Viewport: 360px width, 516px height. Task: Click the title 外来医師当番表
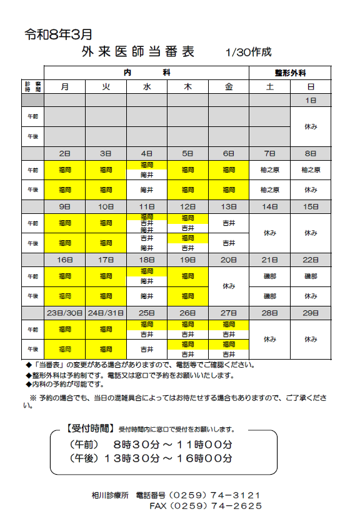point(137,51)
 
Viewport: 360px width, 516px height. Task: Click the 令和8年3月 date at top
point(58,34)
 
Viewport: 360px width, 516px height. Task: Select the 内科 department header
point(147,73)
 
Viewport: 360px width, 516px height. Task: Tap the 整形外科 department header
point(290,73)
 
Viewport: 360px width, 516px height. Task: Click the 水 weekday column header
point(147,87)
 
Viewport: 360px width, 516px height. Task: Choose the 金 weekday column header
point(229,87)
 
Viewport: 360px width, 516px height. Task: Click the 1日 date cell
point(311,100)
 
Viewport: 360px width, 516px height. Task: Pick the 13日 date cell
point(229,206)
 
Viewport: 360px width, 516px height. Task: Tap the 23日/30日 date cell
point(65,313)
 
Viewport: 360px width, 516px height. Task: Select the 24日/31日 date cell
point(106,313)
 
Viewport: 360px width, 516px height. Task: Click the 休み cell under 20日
point(229,285)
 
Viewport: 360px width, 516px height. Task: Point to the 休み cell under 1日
point(311,126)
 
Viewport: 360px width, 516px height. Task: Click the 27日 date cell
point(229,313)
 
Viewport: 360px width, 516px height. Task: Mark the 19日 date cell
point(187,260)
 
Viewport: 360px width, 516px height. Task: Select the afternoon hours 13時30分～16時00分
point(169,458)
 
